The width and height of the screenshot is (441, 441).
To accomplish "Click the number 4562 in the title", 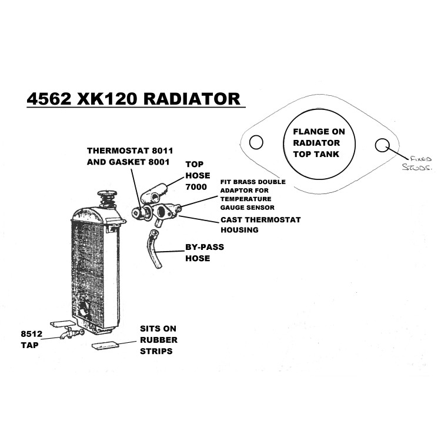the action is point(49,99).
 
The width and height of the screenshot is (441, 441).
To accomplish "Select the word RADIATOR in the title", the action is point(192,99).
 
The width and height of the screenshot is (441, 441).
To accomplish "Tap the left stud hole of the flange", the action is point(256,142).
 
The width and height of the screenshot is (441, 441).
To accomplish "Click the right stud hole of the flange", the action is point(382,145).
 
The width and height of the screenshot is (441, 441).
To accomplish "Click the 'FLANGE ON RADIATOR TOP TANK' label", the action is point(319,143).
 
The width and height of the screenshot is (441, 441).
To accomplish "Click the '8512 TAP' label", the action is point(31,339).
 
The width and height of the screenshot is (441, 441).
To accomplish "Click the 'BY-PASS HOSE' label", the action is point(205,253).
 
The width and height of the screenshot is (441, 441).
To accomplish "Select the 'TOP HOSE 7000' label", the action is point(198,175).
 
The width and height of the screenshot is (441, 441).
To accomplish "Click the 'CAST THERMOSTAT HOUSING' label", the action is point(260,225).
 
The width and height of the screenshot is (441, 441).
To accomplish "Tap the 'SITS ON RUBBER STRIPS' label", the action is point(159,340).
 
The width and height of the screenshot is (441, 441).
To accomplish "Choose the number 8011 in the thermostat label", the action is point(162,151).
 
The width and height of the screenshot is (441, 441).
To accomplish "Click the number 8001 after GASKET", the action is point(159,162).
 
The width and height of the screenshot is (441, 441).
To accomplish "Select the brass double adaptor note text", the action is point(253,195).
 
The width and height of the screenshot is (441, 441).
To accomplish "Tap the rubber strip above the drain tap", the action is point(63,324).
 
